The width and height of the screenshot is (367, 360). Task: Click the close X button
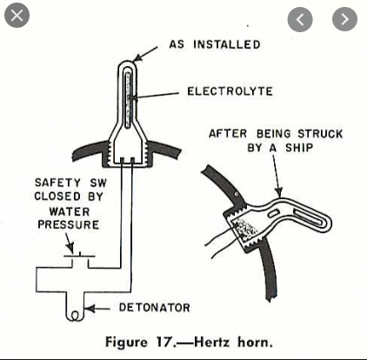click(x=17, y=15)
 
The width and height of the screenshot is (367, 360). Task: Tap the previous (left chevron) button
click(x=300, y=19)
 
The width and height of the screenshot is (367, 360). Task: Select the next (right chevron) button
click(x=344, y=19)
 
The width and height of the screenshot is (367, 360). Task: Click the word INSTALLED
click(x=227, y=44)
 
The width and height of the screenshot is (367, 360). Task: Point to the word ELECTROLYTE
click(x=230, y=91)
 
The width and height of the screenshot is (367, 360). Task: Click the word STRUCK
click(x=320, y=134)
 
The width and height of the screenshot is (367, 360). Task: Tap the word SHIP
click(x=299, y=148)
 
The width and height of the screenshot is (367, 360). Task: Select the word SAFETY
click(x=57, y=183)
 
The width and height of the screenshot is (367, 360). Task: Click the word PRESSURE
click(x=69, y=224)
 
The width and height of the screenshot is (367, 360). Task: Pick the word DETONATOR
click(x=155, y=308)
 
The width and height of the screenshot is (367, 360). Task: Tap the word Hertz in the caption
click(x=212, y=342)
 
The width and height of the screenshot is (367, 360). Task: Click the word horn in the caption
click(x=253, y=343)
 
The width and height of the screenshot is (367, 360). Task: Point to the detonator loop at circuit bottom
click(x=75, y=316)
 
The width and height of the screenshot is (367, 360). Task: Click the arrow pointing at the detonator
click(x=97, y=309)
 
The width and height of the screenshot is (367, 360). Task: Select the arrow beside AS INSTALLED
click(x=145, y=53)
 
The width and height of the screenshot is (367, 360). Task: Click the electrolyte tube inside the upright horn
click(x=128, y=100)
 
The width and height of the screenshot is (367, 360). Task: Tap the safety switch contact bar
click(x=79, y=257)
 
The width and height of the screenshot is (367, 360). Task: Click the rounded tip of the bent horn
click(x=327, y=223)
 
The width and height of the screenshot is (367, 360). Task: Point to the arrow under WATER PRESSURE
click(x=69, y=243)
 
